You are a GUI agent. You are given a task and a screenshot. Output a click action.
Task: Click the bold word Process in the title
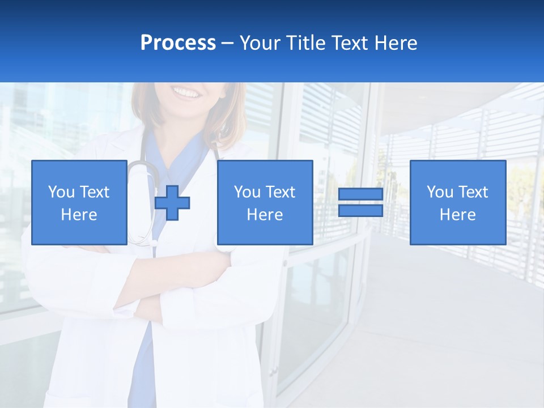178,43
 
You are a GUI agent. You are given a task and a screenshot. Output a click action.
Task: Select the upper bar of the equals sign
360,194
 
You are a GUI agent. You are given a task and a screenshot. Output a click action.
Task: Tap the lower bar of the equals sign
360,211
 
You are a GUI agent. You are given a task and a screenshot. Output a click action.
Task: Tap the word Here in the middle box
265,215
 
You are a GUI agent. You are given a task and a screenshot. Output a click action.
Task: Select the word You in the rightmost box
439,192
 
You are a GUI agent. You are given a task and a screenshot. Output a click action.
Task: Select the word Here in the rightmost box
457,215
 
